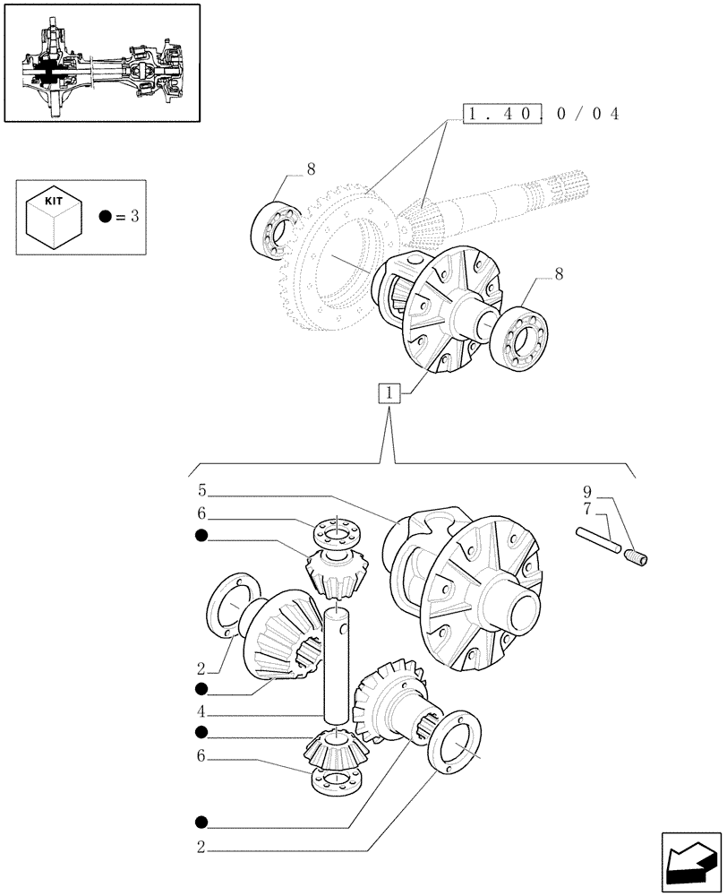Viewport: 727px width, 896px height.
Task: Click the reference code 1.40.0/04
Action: pyautogui.click(x=542, y=114)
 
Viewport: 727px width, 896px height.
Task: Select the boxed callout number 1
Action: pyautogui.click(x=388, y=392)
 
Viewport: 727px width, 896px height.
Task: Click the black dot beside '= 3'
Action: pyautogui.click(x=106, y=217)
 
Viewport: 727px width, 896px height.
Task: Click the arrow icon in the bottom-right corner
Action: pyautogui.click(x=689, y=860)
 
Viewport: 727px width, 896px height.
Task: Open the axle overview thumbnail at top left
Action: pyautogui.click(x=102, y=63)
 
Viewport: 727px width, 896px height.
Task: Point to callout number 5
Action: pyautogui.click(x=202, y=491)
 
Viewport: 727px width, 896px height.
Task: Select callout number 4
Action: pyautogui.click(x=202, y=714)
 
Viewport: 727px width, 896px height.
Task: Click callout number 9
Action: pyautogui.click(x=586, y=491)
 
